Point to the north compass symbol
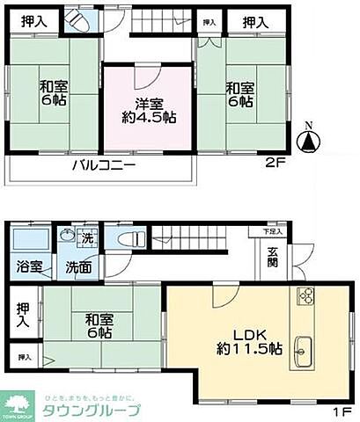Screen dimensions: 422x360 (x=309, y=139)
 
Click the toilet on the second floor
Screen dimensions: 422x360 (x=73, y=24)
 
